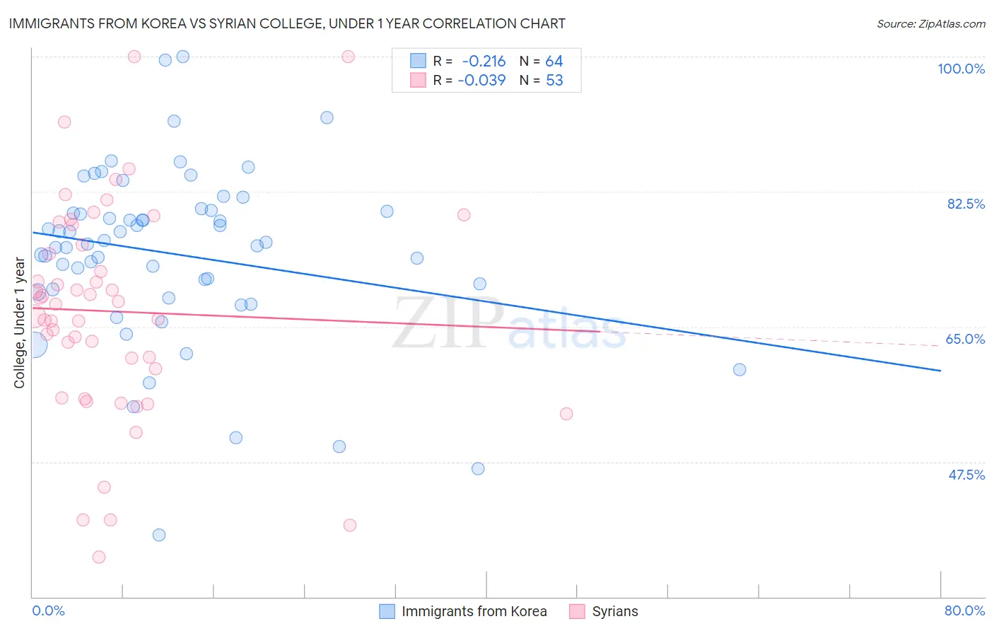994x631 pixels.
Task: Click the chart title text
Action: (287, 23)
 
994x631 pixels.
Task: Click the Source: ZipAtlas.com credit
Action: (930, 23)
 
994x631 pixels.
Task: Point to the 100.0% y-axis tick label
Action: (961, 69)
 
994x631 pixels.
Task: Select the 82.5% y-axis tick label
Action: (966, 204)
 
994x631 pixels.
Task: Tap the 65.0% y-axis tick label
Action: (965, 339)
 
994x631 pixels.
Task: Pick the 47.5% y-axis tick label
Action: (966, 475)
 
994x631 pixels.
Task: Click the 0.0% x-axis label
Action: (48, 610)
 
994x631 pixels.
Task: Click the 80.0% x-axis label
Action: (964, 610)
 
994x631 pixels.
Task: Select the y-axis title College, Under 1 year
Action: (20, 323)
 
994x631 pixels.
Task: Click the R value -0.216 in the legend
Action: (484, 62)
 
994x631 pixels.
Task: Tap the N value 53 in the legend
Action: (554, 80)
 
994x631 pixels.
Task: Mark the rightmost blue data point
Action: (739, 369)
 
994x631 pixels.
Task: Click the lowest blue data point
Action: (159, 535)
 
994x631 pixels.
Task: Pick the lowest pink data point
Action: (99, 557)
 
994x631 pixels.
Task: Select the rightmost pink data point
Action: (566, 414)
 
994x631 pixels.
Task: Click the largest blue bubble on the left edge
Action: (33, 345)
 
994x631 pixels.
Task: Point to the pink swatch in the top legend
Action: (419, 80)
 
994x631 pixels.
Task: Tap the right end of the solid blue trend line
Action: (940, 370)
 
